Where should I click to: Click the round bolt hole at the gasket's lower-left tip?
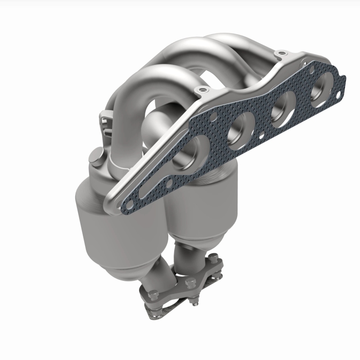coord(124,197)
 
